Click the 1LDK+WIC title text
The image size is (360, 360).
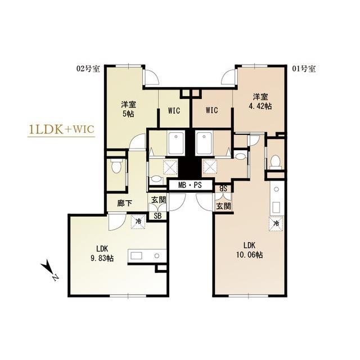tap(61, 129)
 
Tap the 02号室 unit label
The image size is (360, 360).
tap(88, 69)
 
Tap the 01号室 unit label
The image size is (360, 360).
tap(304, 69)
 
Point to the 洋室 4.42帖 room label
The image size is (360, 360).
tap(261, 101)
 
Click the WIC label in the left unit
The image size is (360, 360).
tap(174, 110)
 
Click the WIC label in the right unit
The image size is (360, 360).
tap(211, 110)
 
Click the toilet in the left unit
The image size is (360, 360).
tap(116, 166)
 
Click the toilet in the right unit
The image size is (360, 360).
tap(275, 161)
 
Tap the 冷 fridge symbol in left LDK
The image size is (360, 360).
tap(137, 222)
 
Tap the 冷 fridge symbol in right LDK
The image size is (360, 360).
tap(276, 223)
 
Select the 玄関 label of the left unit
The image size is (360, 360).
tap(158, 200)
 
